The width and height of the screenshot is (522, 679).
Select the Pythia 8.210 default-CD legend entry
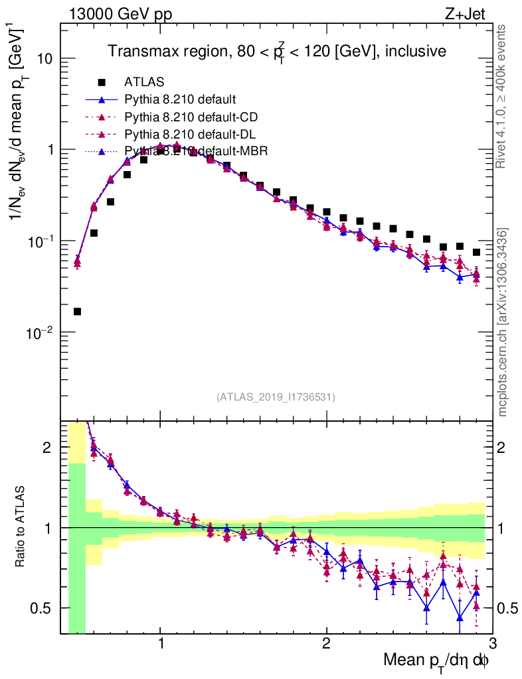[191, 117]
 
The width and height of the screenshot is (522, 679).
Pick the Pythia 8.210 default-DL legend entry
[191, 135]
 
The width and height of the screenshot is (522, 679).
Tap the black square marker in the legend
[102, 83]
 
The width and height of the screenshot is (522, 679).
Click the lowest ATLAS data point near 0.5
[78, 311]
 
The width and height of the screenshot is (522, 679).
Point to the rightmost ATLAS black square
[476, 252]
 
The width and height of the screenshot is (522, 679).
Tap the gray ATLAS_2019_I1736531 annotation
[276, 397]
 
